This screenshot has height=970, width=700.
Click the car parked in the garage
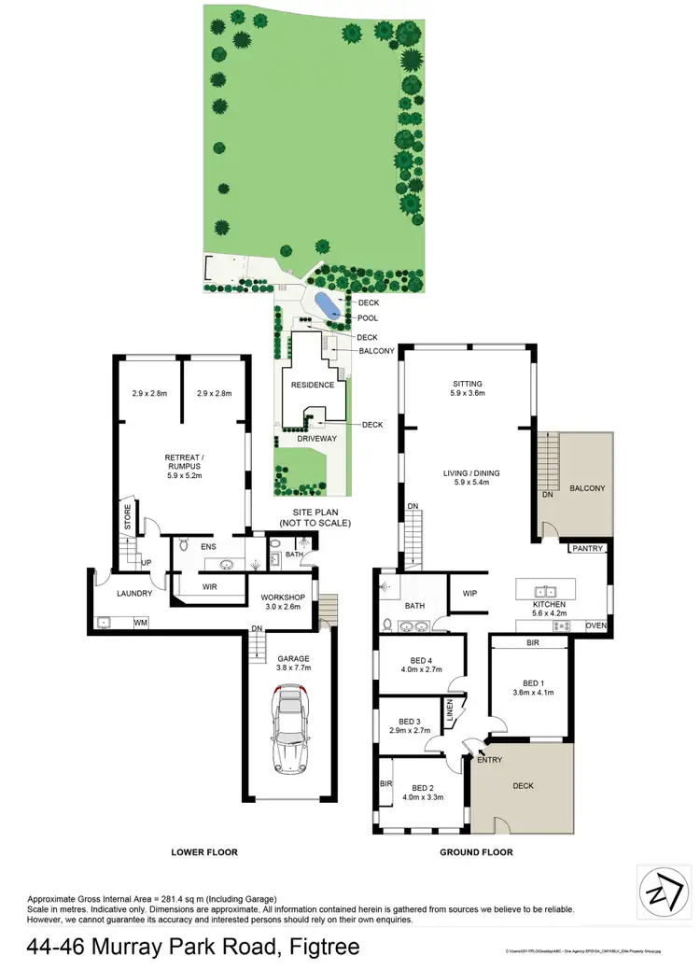point(292,729)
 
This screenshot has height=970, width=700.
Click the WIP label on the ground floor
point(469,593)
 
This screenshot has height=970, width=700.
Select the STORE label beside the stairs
point(128,519)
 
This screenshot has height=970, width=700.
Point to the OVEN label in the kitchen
point(595,626)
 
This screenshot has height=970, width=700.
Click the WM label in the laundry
point(141,622)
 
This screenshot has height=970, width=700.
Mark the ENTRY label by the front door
point(489,760)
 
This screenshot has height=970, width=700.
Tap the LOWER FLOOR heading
point(204,852)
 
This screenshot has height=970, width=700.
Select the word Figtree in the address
point(320,948)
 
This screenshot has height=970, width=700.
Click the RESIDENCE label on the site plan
point(313,385)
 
